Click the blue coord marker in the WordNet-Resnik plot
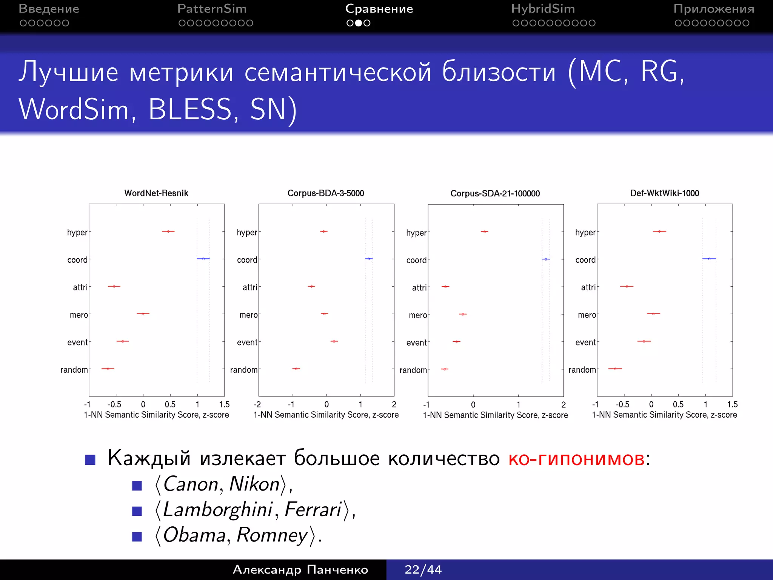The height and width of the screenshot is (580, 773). point(203,259)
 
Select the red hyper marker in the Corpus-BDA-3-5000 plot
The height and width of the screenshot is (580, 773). point(323,231)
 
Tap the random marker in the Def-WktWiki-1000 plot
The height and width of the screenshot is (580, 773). point(615,369)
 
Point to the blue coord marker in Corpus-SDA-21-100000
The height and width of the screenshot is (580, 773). point(546,259)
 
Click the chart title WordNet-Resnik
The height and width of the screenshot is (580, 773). point(156,193)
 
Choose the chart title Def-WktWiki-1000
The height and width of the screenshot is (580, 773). point(664,193)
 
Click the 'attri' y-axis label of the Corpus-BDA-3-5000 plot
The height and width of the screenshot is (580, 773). point(250,287)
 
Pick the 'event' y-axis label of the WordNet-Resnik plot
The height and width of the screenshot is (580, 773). point(77,342)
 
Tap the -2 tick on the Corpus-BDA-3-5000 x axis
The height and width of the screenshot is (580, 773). point(257,404)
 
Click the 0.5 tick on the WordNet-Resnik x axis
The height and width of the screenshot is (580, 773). point(170,404)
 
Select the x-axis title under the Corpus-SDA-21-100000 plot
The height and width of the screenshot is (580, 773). point(495,415)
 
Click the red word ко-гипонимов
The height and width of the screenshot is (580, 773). point(576,459)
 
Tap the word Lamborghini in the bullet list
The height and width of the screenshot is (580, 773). point(217,509)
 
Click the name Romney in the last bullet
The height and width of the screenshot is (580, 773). point(272,535)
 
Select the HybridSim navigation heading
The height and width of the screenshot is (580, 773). point(543,9)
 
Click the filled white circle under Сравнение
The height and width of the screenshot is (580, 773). point(359,23)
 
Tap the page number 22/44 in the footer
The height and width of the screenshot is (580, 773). point(423,569)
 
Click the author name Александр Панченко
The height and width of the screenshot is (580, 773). point(300,569)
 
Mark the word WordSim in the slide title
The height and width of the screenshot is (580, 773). point(74,110)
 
